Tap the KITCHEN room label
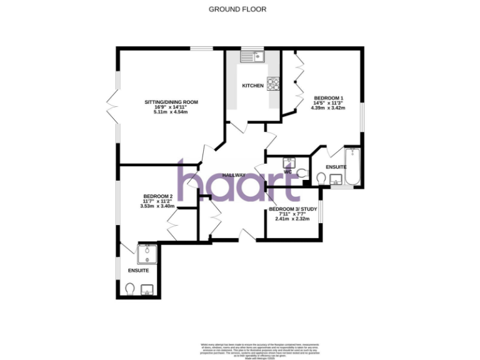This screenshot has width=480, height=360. point(253,86)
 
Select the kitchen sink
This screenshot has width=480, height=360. point(254,56)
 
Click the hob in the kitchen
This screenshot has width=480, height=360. point(273,82)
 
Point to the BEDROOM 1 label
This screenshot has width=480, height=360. point(328,98)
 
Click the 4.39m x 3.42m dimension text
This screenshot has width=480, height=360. point(328,107)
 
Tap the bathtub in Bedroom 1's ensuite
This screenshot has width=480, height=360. point(352,167)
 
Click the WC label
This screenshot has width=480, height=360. point(288,171)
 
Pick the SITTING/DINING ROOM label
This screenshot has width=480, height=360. point(171,102)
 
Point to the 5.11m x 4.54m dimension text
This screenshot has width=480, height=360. point(171,112)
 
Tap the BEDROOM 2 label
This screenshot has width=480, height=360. point(157,196)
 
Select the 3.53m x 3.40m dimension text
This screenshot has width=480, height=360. point(157,206)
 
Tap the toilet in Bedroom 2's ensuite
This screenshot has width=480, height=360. point(130,288)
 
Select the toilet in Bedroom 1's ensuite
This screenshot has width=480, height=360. point(321,178)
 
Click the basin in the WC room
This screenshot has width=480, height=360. point(288,162)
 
